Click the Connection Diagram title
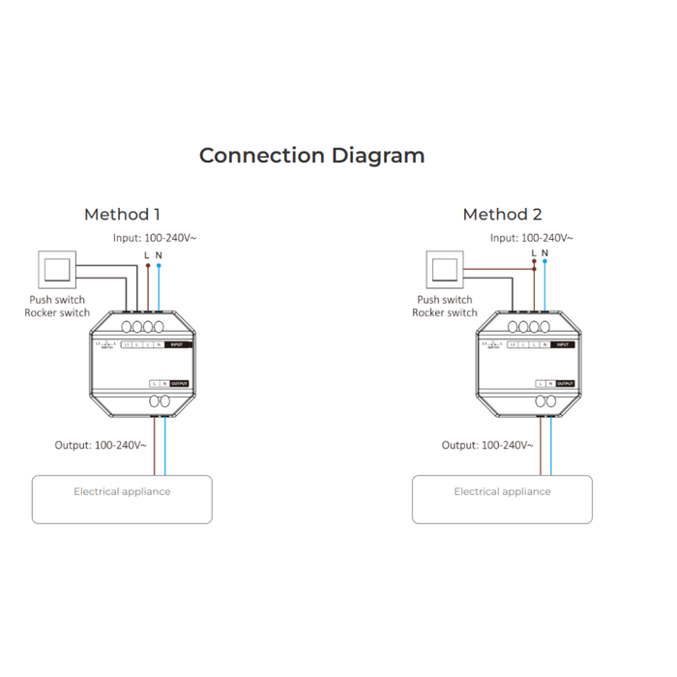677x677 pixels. pyautogui.click(x=311, y=156)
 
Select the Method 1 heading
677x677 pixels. pyautogui.click(x=123, y=215)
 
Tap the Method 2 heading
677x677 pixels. pyautogui.click(x=502, y=215)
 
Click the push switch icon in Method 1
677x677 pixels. pyautogui.click(x=56, y=270)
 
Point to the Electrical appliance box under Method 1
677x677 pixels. pyautogui.click(x=122, y=498)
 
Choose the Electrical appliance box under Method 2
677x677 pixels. pyautogui.click(x=502, y=498)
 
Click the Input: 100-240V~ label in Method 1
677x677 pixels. pyautogui.click(x=155, y=238)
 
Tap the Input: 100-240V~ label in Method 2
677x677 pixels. pyautogui.click(x=531, y=238)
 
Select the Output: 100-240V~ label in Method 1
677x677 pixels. pyautogui.click(x=101, y=445)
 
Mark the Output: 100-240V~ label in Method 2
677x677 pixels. pyautogui.click(x=487, y=445)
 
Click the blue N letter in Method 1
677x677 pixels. pyautogui.click(x=159, y=255)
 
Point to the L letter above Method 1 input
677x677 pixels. pyautogui.click(x=146, y=255)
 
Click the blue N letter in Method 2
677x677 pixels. pyautogui.click(x=545, y=253)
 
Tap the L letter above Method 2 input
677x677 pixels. pyautogui.click(x=533, y=253)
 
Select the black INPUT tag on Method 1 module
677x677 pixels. pyautogui.click(x=178, y=344)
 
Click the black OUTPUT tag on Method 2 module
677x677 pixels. pyautogui.click(x=565, y=384)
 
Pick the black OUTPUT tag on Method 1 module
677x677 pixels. pyautogui.click(x=180, y=384)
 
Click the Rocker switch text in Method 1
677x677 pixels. pyautogui.click(x=57, y=313)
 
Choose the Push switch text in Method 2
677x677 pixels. pyautogui.click(x=445, y=301)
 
